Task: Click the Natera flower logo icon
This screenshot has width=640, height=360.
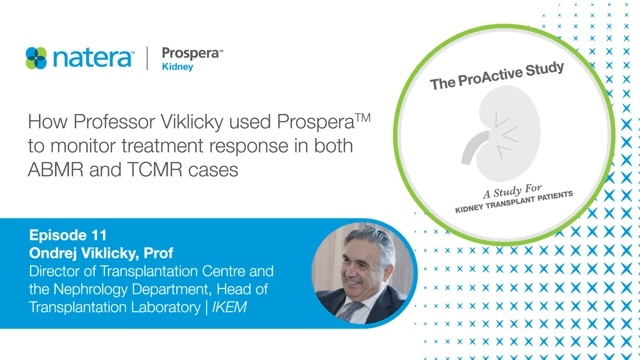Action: [x=37, y=57]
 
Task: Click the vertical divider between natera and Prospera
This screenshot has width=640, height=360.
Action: [x=149, y=58]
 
